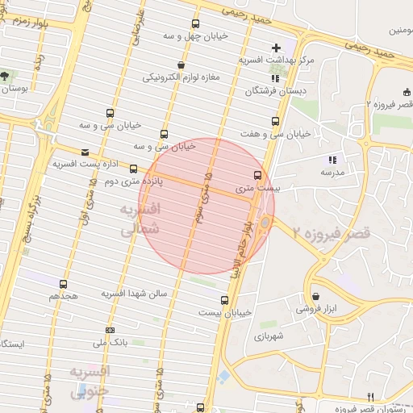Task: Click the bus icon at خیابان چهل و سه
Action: tap(195, 24)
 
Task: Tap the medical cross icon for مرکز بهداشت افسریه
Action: tap(277, 48)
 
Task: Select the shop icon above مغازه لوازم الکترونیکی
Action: tap(179, 65)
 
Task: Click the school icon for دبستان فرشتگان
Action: tap(275, 79)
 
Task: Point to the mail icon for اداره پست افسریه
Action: tap(86, 152)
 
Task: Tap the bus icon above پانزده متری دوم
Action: tap(134, 169)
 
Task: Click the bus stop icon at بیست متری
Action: tap(258, 174)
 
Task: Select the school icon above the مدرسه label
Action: tap(332, 159)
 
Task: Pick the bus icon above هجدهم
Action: tap(64, 284)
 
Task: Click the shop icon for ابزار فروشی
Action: tap(315, 296)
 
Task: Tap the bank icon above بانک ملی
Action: tap(110, 330)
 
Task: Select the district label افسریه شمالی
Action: tap(141, 219)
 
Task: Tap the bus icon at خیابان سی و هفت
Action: tap(275, 121)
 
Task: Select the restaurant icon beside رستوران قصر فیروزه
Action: tap(371, 396)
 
